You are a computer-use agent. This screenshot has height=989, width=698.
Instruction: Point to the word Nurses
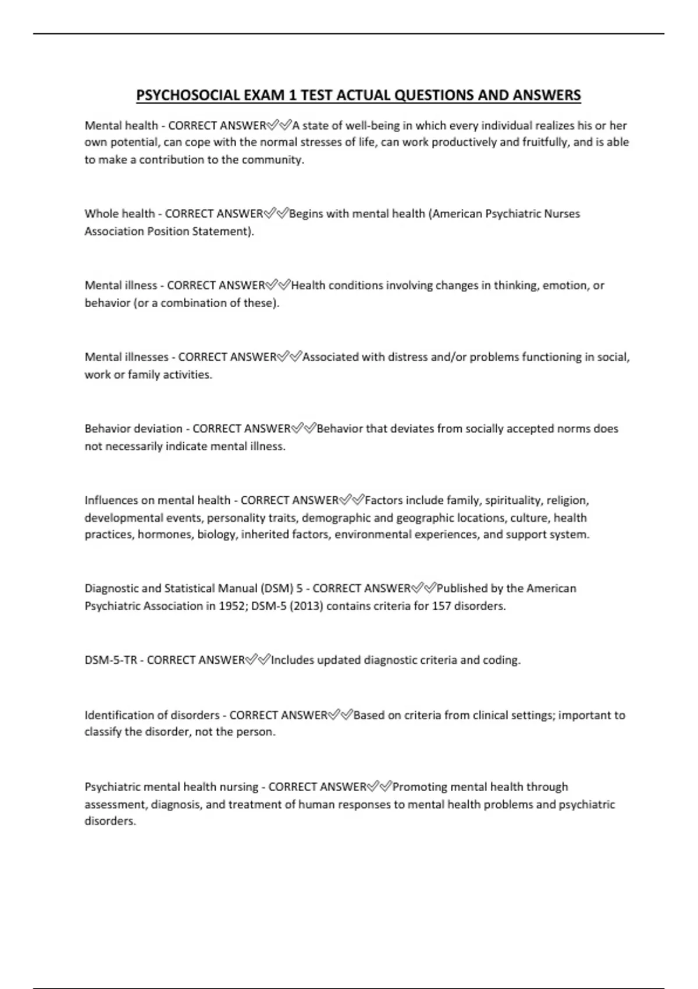(562, 214)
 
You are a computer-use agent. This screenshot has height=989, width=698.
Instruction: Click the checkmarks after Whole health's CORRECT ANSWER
(276, 214)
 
